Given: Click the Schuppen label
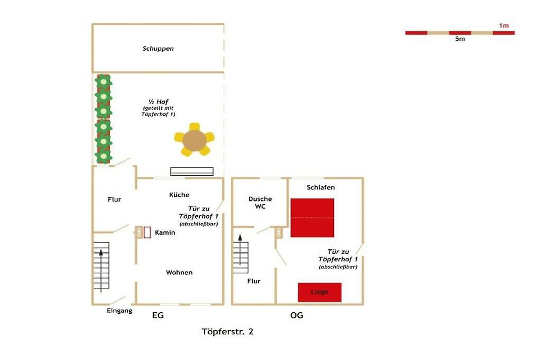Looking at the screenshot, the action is click(x=158, y=49).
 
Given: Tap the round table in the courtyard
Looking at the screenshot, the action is click(x=194, y=140).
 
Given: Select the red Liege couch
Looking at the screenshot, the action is click(x=319, y=292).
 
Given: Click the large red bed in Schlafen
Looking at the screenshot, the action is click(x=312, y=218).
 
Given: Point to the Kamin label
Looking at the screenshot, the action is click(x=165, y=233).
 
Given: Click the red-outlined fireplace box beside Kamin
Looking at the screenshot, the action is click(x=147, y=233).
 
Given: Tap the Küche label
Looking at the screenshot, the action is click(x=179, y=195).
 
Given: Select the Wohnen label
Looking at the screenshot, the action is click(x=179, y=272).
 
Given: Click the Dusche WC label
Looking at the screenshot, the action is click(x=260, y=202).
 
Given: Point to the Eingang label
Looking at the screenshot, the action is click(x=120, y=310).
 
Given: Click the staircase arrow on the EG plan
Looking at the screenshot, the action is click(x=101, y=271).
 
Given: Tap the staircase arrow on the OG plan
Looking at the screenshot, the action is click(x=240, y=250).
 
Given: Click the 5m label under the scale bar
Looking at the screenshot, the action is click(x=460, y=39).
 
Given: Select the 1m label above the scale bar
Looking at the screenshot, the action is click(x=504, y=26).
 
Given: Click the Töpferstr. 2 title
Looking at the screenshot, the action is click(x=228, y=332).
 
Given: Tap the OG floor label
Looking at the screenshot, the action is click(x=297, y=315).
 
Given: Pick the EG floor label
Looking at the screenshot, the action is click(x=158, y=315).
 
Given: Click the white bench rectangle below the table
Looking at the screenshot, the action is click(x=192, y=171).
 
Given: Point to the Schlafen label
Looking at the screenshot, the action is click(x=320, y=187).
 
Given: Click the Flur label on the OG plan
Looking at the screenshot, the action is click(x=254, y=281).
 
